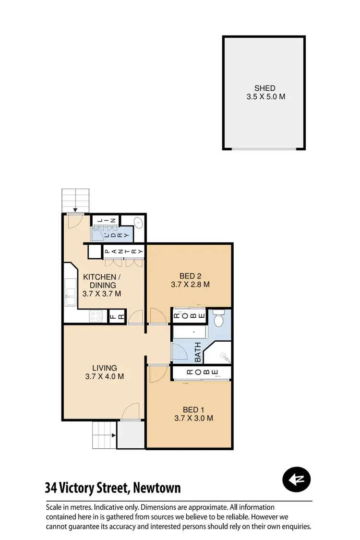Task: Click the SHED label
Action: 264,88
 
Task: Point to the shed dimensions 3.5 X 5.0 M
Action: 264,96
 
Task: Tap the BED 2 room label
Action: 190,276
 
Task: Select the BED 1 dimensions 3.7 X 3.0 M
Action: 193,418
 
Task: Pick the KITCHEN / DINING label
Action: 99,281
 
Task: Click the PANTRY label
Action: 124,251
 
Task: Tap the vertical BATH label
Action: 197,351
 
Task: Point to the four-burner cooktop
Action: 96,316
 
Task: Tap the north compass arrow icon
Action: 297,479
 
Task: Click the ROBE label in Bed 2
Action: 189,315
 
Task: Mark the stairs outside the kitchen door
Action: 76,200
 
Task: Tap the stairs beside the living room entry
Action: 104,435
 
